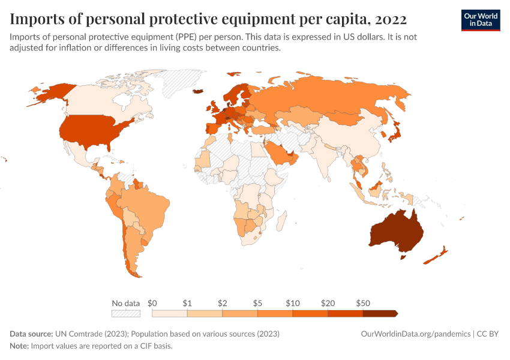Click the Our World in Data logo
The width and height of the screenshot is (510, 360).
(x=480, y=20)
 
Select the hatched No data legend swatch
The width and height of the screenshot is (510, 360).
(x=125, y=313)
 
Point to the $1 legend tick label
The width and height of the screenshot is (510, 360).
(x=187, y=303)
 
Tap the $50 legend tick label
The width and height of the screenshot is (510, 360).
(x=363, y=303)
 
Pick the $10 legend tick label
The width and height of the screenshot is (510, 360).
(x=293, y=303)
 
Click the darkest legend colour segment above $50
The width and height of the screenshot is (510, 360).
(x=380, y=313)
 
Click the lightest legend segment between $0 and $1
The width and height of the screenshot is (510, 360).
(x=170, y=313)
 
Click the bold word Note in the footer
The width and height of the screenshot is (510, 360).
(x=20, y=346)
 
